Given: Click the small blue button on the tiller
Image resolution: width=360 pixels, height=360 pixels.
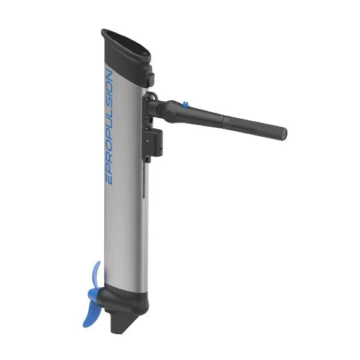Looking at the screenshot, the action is point(185,104).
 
